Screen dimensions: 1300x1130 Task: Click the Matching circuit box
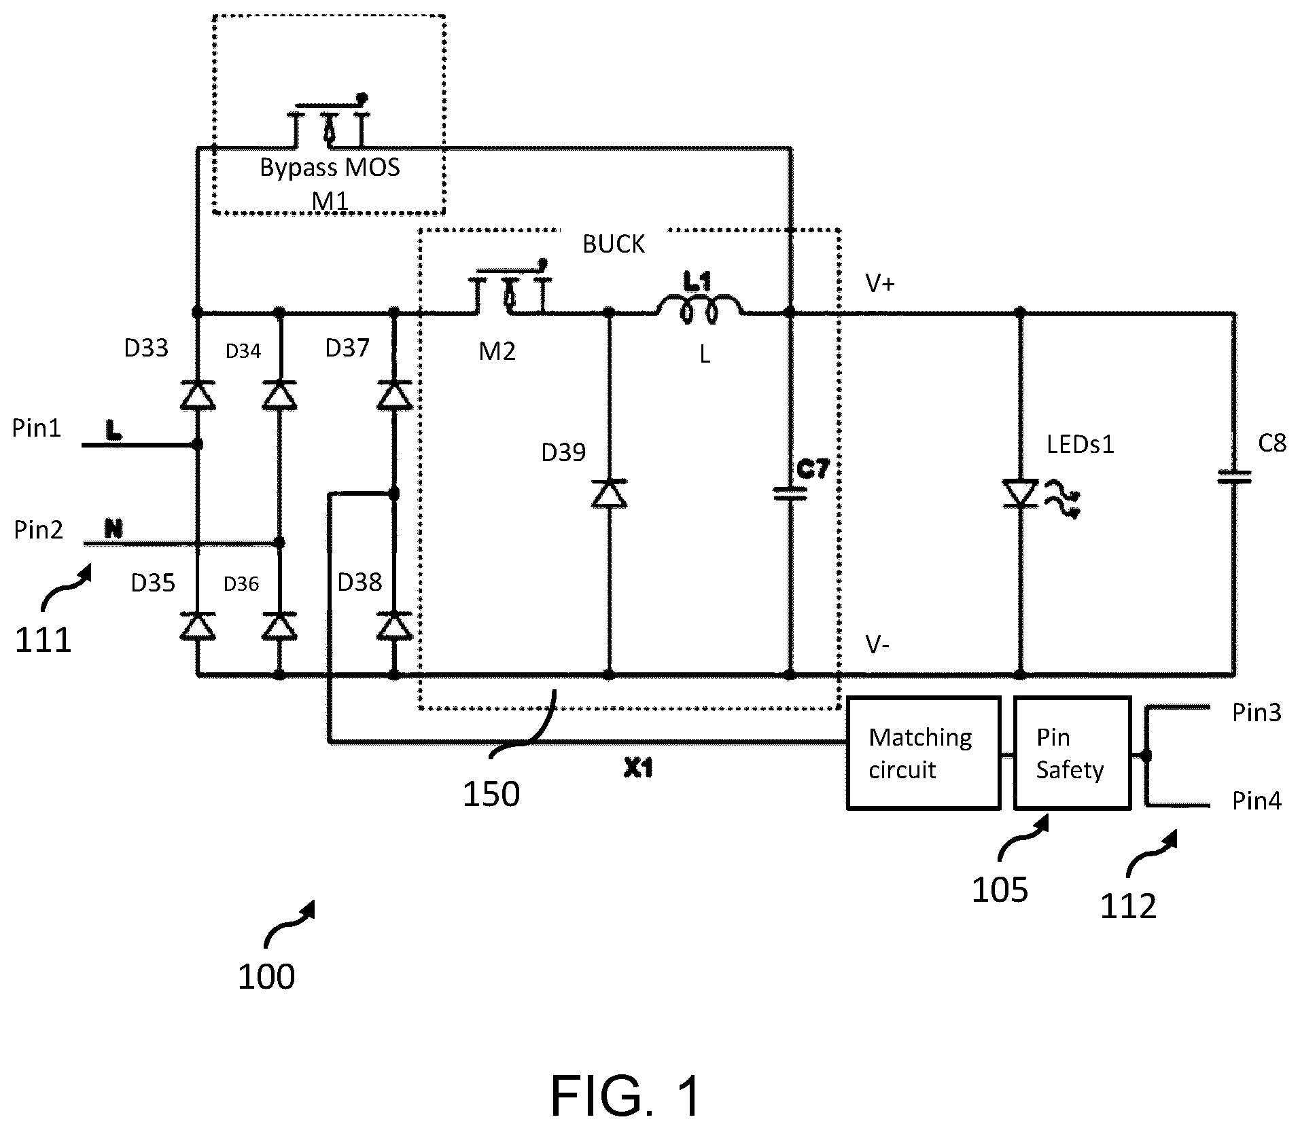924,752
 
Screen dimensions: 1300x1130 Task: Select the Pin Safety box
1072,752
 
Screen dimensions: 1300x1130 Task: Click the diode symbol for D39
609,493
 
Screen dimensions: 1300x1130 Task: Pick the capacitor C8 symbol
1234,478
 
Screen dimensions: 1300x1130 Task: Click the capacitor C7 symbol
790,494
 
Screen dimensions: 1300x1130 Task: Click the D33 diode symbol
198,395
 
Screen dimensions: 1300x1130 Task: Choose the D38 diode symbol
394,625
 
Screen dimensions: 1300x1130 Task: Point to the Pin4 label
1257,801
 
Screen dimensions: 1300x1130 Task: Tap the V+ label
880,283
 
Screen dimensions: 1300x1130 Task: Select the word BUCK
614,244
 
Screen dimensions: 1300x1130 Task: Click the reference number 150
491,793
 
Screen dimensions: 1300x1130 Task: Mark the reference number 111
43,640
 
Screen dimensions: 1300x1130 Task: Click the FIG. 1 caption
625,1097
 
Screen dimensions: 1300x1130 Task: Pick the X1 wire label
639,768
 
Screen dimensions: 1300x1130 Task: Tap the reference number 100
266,977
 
